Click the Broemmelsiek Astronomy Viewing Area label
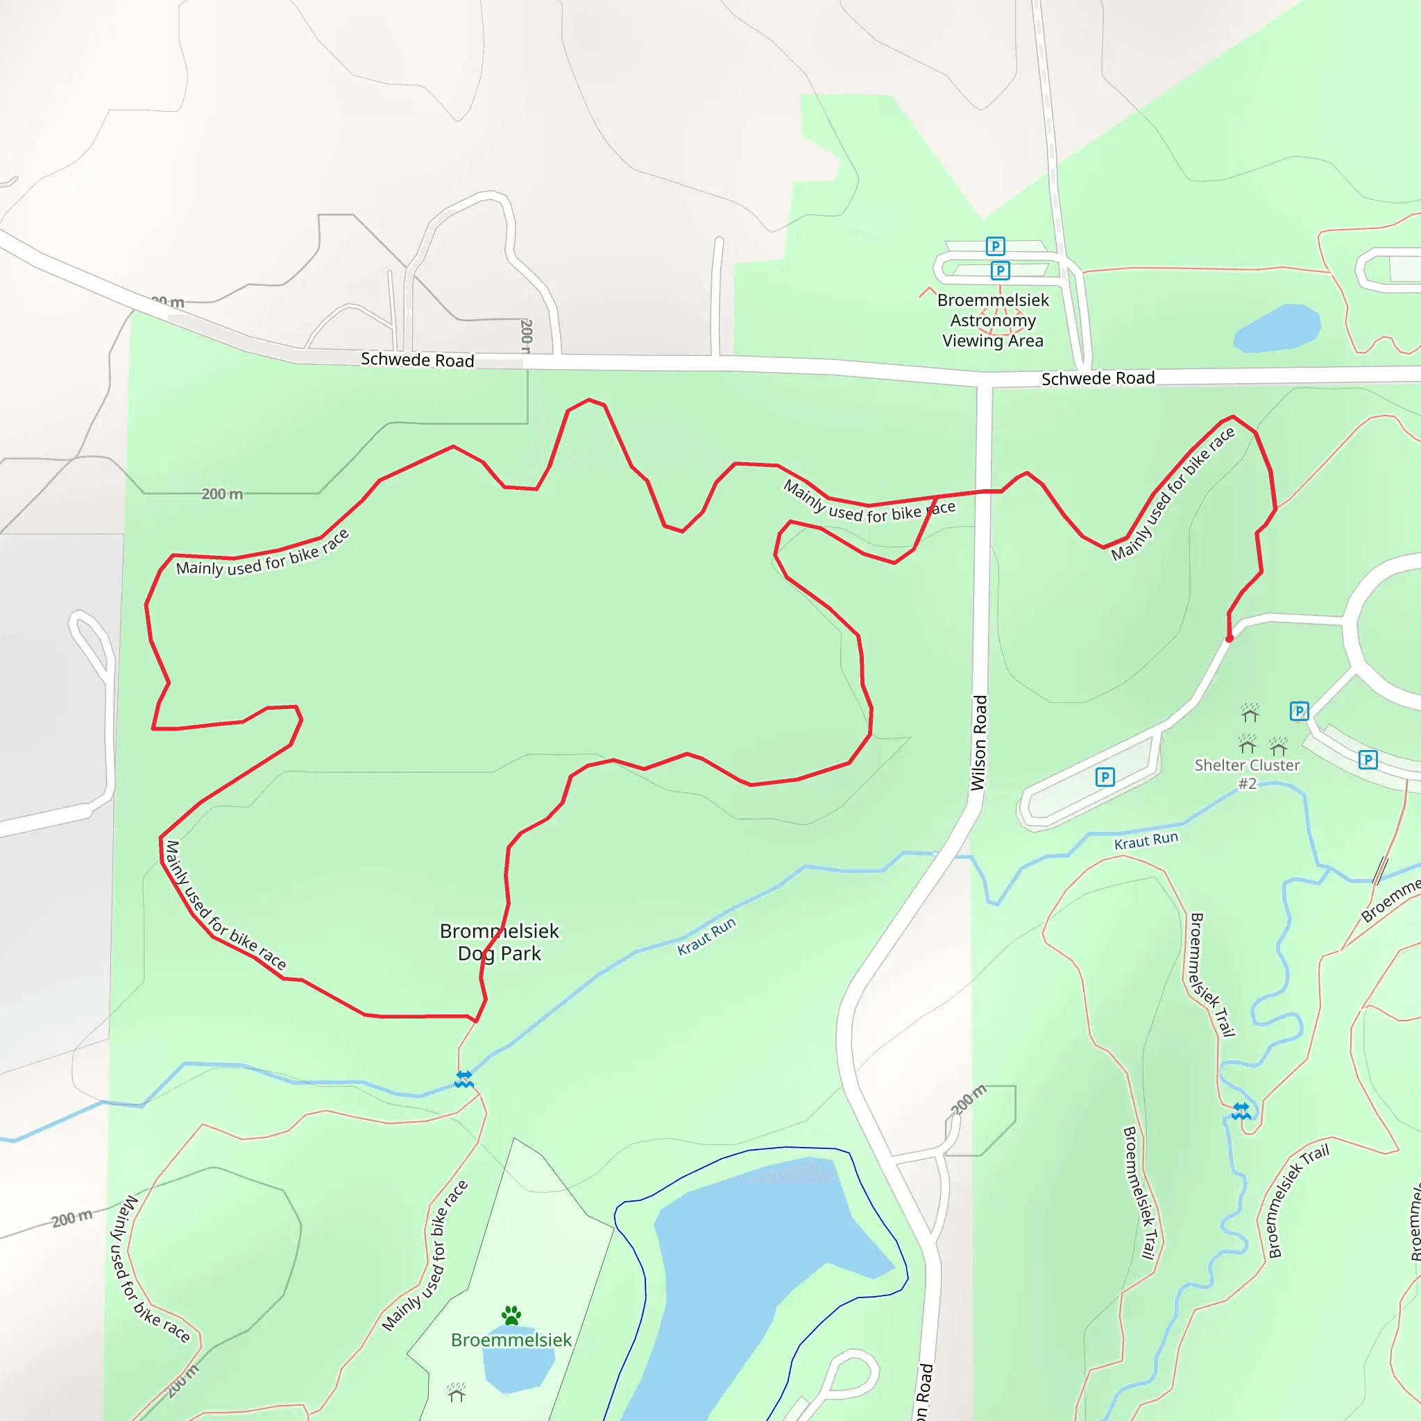pos(992,320)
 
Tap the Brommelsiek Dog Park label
pos(500,942)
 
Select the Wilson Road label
pos(978,743)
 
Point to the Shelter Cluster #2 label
pos(1247,774)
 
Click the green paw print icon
pos(511,1315)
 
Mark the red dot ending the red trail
pos(1229,638)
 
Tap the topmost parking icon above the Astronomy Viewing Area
pos(995,246)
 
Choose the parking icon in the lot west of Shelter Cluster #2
pos(1105,777)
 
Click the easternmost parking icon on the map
pos(1368,760)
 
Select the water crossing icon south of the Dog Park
pos(463,1080)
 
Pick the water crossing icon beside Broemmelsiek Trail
pos(1241,1111)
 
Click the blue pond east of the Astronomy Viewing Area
pos(1277,328)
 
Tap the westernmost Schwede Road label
pos(417,359)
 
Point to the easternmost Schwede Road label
pos(1098,378)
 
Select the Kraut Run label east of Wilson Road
pos(1146,841)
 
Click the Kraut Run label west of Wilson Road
pos(706,936)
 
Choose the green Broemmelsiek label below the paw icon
pos(511,1340)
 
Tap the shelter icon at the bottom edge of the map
pos(456,1393)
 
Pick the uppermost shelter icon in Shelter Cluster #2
pos(1250,713)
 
